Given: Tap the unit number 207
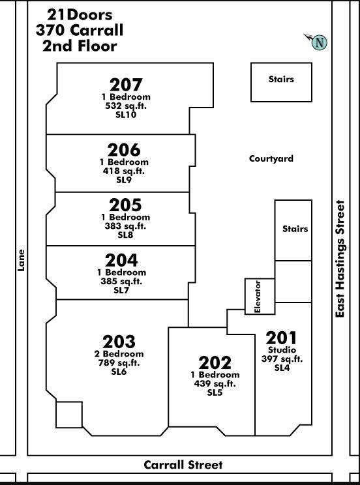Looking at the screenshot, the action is click(126, 85).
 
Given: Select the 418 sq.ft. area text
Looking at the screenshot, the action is click(124, 171).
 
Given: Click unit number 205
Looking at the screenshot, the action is click(125, 205).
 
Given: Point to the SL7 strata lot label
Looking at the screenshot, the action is click(121, 290).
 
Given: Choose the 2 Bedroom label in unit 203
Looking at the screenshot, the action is click(119, 353).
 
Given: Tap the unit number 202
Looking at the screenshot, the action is click(215, 362).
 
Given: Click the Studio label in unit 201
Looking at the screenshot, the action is click(282, 350).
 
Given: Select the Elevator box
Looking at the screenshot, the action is click(260, 297).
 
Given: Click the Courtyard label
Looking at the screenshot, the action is click(271, 158).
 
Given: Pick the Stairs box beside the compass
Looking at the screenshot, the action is click(281, 82).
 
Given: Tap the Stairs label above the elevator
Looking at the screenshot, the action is click(295, 229).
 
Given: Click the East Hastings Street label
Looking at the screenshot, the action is click(340, 259).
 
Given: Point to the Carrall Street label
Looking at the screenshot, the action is click(183, 465).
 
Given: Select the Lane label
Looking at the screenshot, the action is click(21, 261).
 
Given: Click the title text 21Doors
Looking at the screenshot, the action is click(80, 15).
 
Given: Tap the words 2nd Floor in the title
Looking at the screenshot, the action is click(80, 46).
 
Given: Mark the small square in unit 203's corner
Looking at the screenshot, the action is click(69, 415).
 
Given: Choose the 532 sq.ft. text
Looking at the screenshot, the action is click(126, 106).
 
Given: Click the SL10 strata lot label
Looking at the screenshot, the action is click(126, 115).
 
